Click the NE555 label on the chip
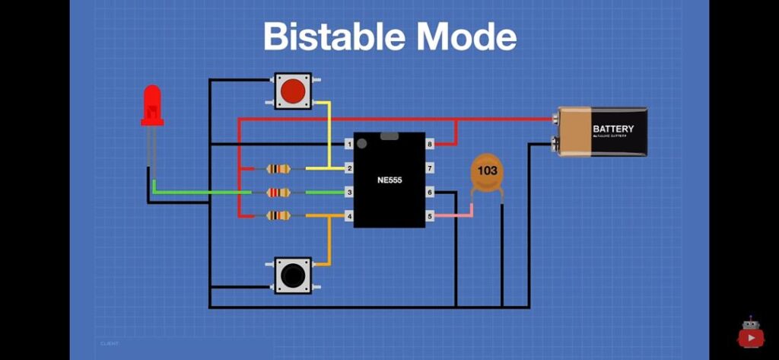389,180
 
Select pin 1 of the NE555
349,144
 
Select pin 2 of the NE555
349,167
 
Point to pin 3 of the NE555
349,193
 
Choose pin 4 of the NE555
349,217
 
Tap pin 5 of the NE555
430,217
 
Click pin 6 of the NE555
430,193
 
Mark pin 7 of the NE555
430,167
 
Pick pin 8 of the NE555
430,144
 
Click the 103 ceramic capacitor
487,172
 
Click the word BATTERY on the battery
612,129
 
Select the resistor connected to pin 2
278,168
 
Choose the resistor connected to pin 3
278,193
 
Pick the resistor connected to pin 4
278,216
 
